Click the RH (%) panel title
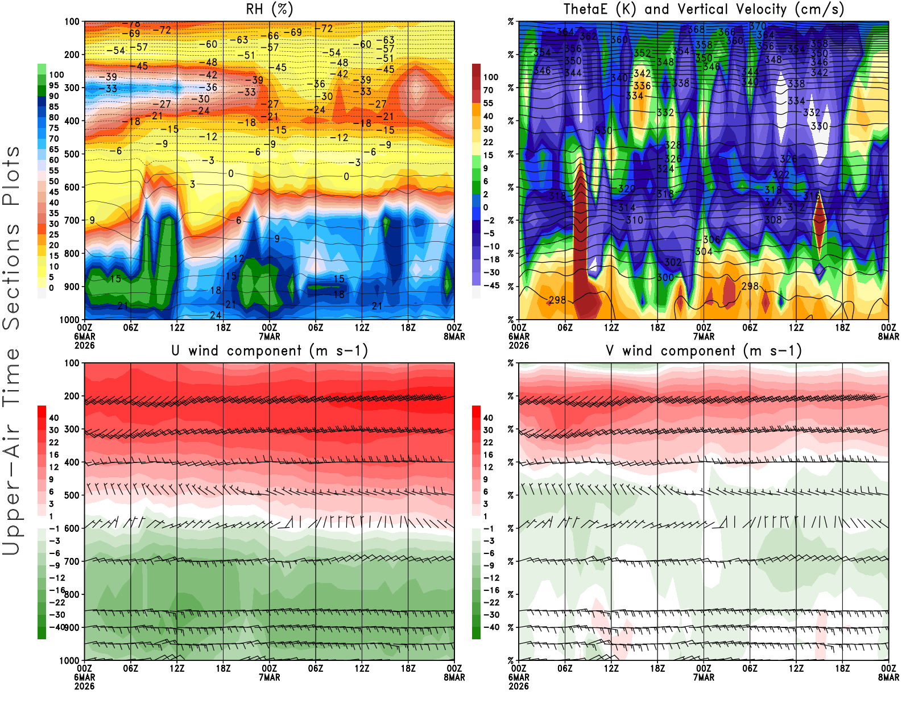click(x=270, y=10)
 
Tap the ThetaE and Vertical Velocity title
click(x=704, y=10)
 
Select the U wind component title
click(x=270, y=351)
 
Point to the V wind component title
click(x=704, y=351)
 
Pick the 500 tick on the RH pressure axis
click(x=72, y=154)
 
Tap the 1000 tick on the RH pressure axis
click(x=70, y=320)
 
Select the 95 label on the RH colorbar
click(x=54, y=85)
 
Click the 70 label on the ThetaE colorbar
click(x=488, y=90)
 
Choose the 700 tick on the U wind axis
click(x=72, y=561)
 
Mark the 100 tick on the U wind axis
click(x=72, y=363)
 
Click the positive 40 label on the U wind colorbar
click(x=54, y=417)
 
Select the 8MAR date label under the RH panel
click(x=454, y=337)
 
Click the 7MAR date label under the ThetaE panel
click(x=704, y=337)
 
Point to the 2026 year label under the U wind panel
click(x=84, y=686)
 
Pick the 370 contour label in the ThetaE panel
click(x=758, y=26)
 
